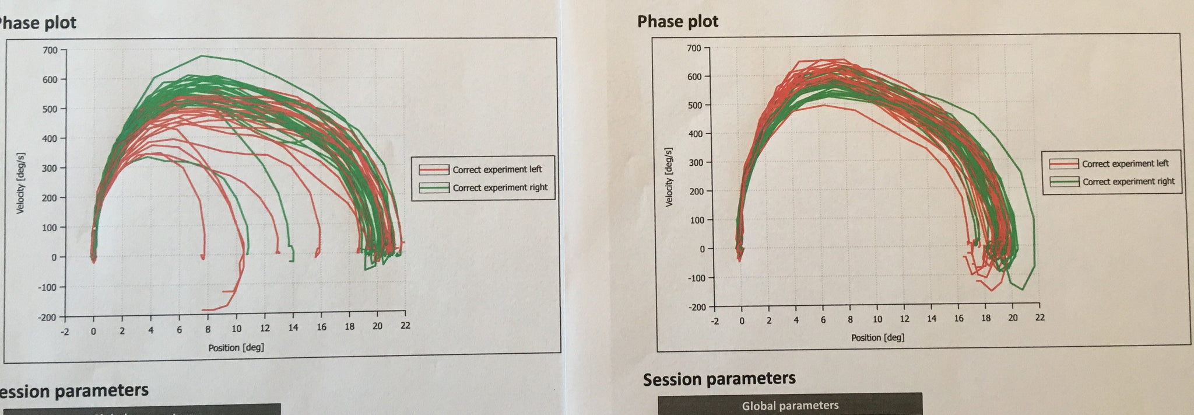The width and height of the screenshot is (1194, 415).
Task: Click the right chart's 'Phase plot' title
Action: [x=677, y=22]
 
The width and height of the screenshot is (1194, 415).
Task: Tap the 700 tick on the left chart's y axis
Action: [x=50, y=50]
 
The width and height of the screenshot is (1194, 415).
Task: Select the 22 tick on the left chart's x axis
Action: [x=405, y=326]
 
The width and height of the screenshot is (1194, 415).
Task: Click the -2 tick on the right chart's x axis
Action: [x=715, y=320]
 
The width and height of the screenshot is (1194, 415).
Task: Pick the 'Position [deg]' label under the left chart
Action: [x=236, y=347]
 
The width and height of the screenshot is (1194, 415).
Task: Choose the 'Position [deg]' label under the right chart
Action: [x=877, y=337]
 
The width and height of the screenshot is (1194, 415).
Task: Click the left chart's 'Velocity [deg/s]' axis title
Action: [x=20, y=183]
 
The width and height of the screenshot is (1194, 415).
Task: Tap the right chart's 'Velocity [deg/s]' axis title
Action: [x=669, y=177]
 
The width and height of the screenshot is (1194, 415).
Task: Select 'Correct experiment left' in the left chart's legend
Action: [x=497, y=169]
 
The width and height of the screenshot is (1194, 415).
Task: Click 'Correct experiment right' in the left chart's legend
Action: [x=500, y=187]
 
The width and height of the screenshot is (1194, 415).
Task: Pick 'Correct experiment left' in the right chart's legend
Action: [x=1125, y=163]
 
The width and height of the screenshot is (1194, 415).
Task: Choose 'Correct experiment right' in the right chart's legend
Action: [x=1128, y=182]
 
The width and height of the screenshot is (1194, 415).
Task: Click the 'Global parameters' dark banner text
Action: [x=790, y=405]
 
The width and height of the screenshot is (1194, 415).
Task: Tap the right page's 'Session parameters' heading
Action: [x=719, y=379]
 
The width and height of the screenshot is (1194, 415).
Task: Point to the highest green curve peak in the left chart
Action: [x=201, y=56]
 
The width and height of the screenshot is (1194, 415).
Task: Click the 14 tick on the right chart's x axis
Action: [x=932, y=319]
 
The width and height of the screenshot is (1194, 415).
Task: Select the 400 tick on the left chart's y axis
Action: [x=50, y=138]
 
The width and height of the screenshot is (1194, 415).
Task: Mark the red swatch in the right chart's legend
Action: [x=1063, y=164]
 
